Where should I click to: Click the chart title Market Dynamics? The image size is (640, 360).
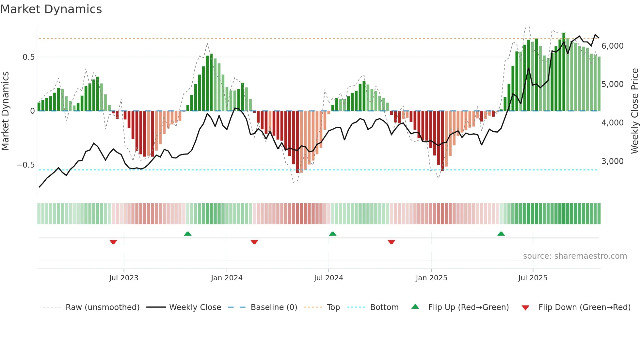pyautogui.click(x=51, y=9)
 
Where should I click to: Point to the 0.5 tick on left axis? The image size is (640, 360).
pyautogui.click(x=28, y=57)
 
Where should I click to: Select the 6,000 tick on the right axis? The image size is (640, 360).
pyautogui.click(x=612, y=46)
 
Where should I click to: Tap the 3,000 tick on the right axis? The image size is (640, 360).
pyautogui.click(x=612, y=161)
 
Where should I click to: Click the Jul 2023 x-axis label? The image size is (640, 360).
pyautogui.click(x=124, y=278)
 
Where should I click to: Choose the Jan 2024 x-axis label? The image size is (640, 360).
pyautogui.click(x=227, y=278)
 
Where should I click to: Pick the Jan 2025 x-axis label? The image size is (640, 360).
pyautogui.click(x=431, y=278)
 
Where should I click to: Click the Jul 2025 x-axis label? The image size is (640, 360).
pyautogui.click(x=533, y=278)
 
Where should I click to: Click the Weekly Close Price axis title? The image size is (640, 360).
pyautogui.click(x=634, y=111)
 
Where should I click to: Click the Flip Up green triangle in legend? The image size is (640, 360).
pyautogui.click(x=415, y=306)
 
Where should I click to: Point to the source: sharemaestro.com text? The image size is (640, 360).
pyautogui.click(x=575, y=256)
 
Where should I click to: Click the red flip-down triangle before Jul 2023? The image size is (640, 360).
pyautogui.click(x=113, y=242)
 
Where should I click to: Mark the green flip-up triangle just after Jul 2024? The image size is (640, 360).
pyautogui.click(x=332, y=234)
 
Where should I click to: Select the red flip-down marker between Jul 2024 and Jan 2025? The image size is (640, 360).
pyautogui.click(x=391, y=242)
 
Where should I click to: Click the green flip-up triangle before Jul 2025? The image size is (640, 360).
pyautogui.click(x=501, y=234)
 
